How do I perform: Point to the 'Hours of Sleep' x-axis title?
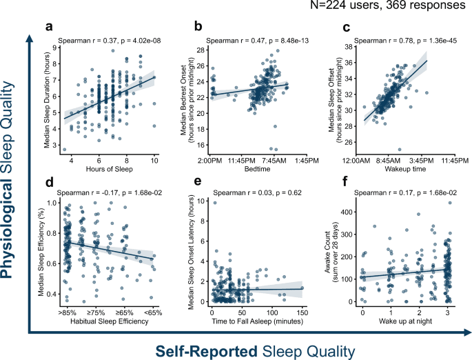[x=110, y=170]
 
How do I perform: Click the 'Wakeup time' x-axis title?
[x=400, y=170]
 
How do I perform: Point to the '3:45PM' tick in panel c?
[x=418, y=160]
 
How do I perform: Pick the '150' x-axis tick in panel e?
[x=300, y=313]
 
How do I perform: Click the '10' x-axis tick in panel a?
[x=155, y=160]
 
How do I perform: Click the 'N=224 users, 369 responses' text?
[x=397, y=8]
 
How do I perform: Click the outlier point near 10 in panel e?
[x=214, y=203]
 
